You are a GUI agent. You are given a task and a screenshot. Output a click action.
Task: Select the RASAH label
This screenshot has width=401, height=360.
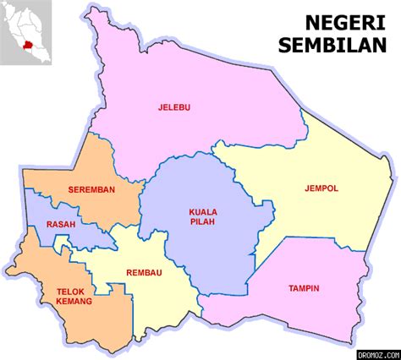click(61, 225)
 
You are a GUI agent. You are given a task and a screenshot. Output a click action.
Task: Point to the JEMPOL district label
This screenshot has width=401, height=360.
click(321, 188)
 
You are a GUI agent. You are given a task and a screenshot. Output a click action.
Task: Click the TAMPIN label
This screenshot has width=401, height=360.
click(304, 288)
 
